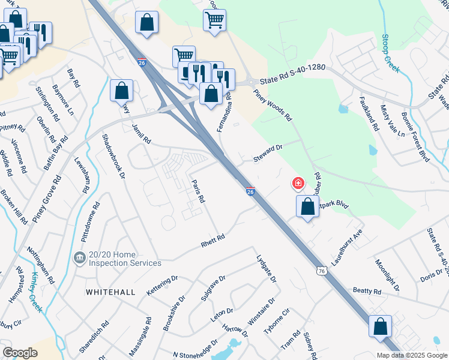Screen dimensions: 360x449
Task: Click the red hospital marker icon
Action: (x=298, y=183)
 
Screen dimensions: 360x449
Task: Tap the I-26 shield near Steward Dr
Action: (x=251, y=191)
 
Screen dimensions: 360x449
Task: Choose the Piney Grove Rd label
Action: (x=47, y=199)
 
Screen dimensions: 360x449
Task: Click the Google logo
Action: (x=20, y=353)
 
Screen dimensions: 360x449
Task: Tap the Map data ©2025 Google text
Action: (x=411, y=355)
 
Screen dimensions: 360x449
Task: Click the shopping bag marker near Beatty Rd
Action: (x=380, y=326)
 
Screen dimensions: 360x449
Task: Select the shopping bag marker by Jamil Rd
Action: (x=121, y=91)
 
